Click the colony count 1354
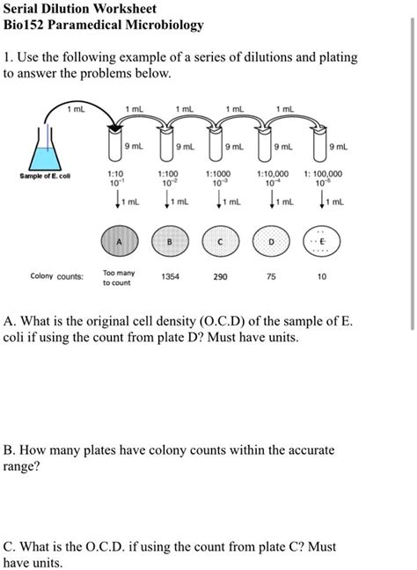pyautogui.click(x=171, y=276)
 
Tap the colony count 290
pyautogui.click(x=220, y=276)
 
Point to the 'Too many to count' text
pyautogui.click(x=118, y=278)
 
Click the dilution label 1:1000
pyautogui.click(x=220, y=174)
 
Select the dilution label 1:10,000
pyautogui.click(x=273, y=174)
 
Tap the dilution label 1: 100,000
pyautogui.click(x=322, y=174)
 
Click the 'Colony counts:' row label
pyautogui.click(x=56, y=276)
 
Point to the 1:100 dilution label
pyautogui.click(x=170, y=174)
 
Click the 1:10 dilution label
pyautogui.click(x=115, y=174)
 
